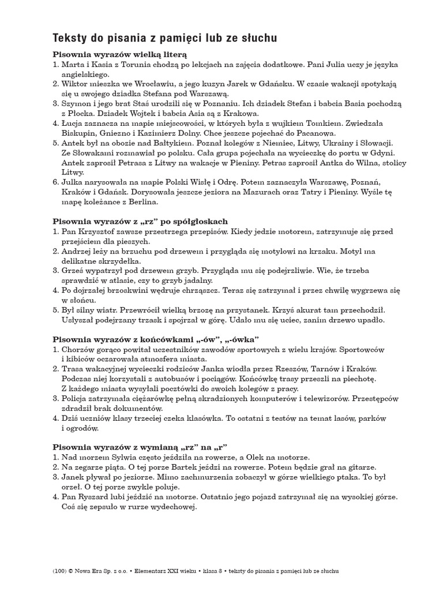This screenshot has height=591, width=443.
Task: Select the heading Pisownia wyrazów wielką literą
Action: coord(119,54)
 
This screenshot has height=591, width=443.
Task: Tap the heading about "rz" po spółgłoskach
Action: coord(140,221)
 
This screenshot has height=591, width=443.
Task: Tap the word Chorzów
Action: coord(79,349)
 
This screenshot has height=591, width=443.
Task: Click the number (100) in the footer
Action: coord(59,571)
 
